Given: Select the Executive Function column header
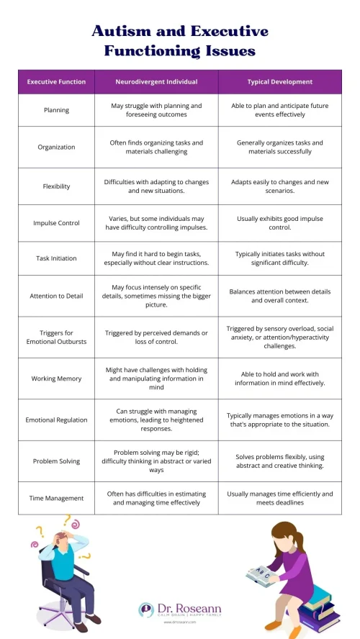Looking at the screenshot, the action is (x=56, y=82).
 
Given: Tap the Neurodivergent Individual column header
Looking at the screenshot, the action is (x=156, y=82).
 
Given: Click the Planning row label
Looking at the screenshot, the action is (x=56, y=110).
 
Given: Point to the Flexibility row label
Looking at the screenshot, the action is (x=56, y=186).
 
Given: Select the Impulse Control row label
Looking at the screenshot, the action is (x=56, y=223).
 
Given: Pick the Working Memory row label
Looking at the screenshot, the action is (x=56, y=379).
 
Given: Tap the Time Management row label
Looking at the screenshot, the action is (x=56, y=498).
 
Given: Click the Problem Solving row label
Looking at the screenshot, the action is (x=56, y=461).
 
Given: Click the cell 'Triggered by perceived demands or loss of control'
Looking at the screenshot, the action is (x=156, y=337).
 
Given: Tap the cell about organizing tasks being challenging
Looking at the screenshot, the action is (x=156, y=147).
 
